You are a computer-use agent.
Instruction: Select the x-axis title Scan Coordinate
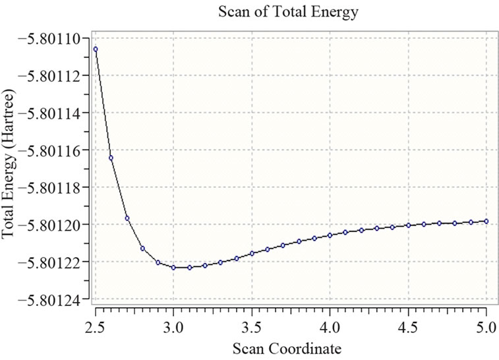[291, 347]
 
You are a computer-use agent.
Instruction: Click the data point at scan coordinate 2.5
[96, 49]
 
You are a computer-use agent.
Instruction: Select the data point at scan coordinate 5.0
[486, 221]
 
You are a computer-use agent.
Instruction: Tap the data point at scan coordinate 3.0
[173, 267]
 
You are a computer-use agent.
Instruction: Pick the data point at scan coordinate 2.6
[111, 158]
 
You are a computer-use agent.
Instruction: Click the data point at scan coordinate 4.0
[330, 235]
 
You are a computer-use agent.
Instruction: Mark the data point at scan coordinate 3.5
[252, 253]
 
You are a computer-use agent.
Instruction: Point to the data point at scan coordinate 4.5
[408, 225]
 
